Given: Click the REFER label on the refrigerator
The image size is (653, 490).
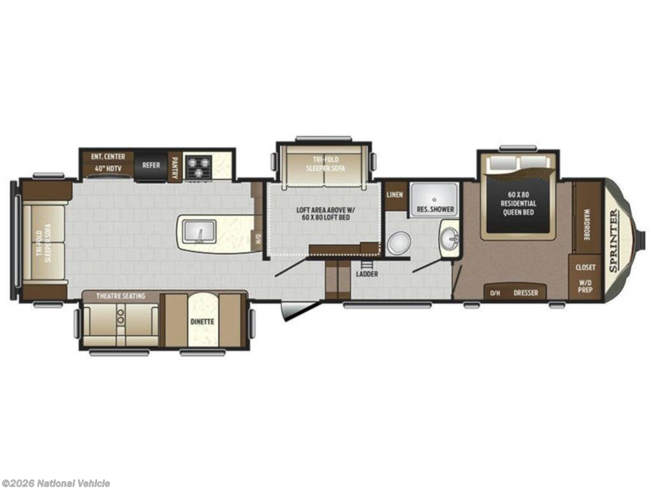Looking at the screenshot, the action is coord(151,165).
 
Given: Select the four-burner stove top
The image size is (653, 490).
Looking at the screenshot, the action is coord(198,167).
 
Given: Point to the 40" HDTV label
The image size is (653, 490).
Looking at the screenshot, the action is coord(108,170).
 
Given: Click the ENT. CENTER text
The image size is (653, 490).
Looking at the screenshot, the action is coord(108,157).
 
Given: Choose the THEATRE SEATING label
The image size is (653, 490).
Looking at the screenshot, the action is coord(121,296).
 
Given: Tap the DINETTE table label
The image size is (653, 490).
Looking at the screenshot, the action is coord(202,322).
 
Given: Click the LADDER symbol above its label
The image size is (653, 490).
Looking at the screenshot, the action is coord(366,265).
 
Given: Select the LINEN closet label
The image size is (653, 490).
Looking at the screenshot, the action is coord(395,195).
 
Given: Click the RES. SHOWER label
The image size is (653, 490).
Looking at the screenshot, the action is coord(435,209).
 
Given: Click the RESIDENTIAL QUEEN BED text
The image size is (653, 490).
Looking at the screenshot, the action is coord(518,208).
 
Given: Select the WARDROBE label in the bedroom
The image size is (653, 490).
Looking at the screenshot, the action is coord(587,225).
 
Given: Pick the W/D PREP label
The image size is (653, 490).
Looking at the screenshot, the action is coord(585,286).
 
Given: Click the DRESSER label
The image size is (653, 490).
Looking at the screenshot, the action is coord(525,293).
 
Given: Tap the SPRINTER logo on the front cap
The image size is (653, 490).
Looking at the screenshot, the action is coord(614,241).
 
